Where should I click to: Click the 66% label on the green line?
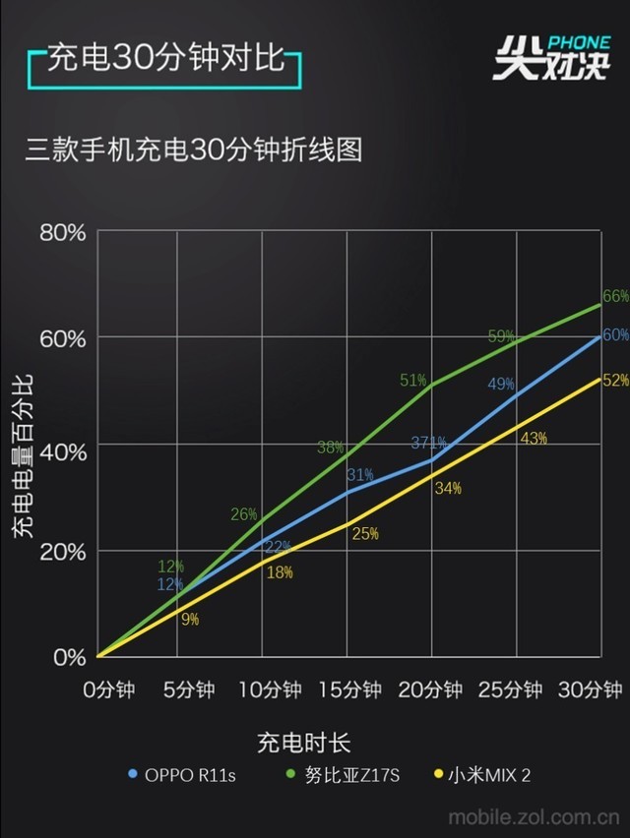tap(615, 296)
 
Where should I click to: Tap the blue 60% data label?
tap(615, 334)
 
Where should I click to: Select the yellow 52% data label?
tap(615, 380)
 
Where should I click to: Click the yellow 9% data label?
tap(190, 619)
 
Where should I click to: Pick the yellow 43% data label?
tap(533, 439)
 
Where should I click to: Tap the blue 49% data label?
tap(501, 384)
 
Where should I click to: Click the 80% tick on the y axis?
tap(63, 233)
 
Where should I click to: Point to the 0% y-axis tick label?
tap(69, 657)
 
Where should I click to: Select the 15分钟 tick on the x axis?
tap(348, 690)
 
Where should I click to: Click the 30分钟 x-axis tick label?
tap(592, 690)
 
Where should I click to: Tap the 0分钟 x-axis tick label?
tap(108, 690)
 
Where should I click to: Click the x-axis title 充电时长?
tap(304, 741)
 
